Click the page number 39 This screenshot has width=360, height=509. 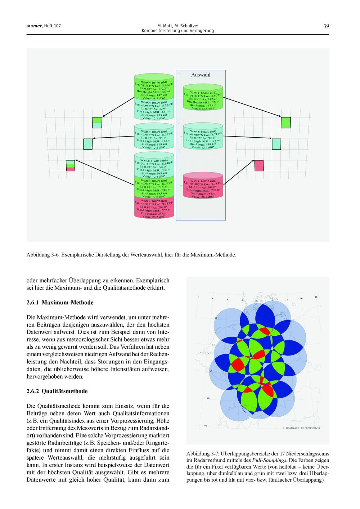(x=326, y=26)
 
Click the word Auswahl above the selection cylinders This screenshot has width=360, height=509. (x=201, y=75)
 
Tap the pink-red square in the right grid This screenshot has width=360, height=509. (x=259, y=165)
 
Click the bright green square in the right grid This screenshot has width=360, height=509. (x=285, y=122)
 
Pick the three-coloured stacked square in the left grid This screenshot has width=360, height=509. (x=71, y=165)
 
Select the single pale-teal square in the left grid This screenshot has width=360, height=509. (x=88, y=144)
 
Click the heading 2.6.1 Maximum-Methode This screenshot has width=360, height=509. (x=60, y=303)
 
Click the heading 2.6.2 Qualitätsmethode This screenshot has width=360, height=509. (x=57, y=391)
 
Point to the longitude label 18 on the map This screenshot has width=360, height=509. (x=316, y=297)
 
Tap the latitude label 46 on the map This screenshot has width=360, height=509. (x=206, y=425)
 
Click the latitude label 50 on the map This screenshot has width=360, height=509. (x=211, y=371)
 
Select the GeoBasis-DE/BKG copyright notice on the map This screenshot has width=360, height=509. (x=301, y=428)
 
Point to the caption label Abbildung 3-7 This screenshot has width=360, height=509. (x=203, y=454)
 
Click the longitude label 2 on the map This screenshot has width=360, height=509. (x=198, y=296)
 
